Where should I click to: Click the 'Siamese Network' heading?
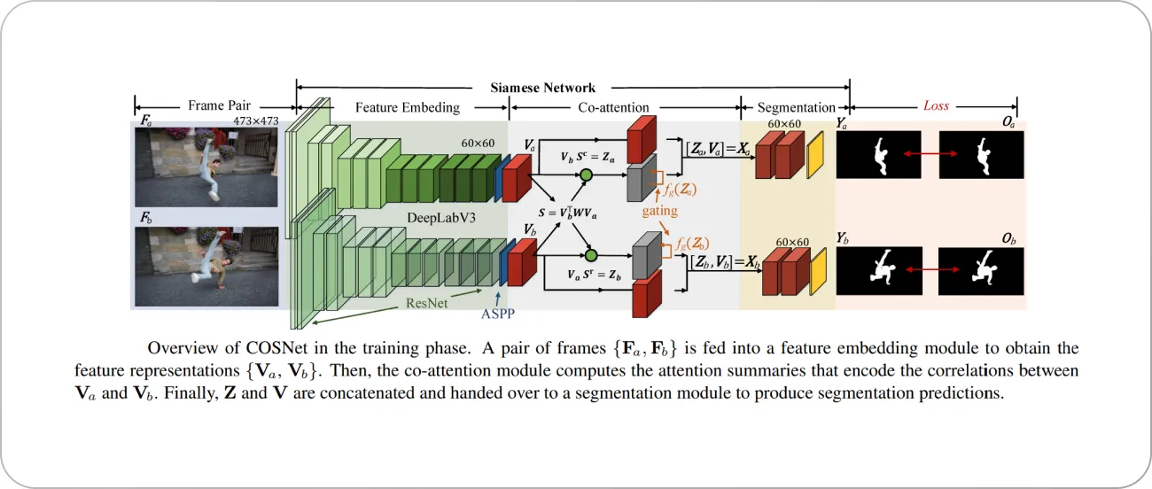(x=542, y=88)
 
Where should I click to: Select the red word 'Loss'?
(x=936, y=105)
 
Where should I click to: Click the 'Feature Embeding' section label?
(x=408, y=107)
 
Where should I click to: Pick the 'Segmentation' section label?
(x=796, y=107)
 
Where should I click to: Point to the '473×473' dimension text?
(x=256, y=120)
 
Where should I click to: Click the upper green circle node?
(x=585, y=177)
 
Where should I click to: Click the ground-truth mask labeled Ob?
(x=981, y=266)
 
